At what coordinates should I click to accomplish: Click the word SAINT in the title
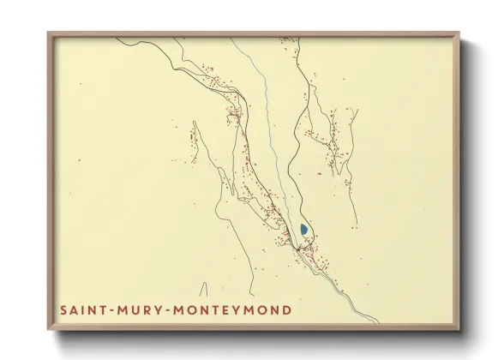tap(81, 309)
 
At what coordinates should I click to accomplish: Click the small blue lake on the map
tap(304, 230)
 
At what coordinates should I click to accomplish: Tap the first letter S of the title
tap(63, 309)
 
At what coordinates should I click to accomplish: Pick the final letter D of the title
tap(286, 309)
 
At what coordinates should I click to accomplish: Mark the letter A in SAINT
tap(73, 309)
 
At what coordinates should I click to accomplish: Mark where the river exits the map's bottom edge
tap(378, 322)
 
